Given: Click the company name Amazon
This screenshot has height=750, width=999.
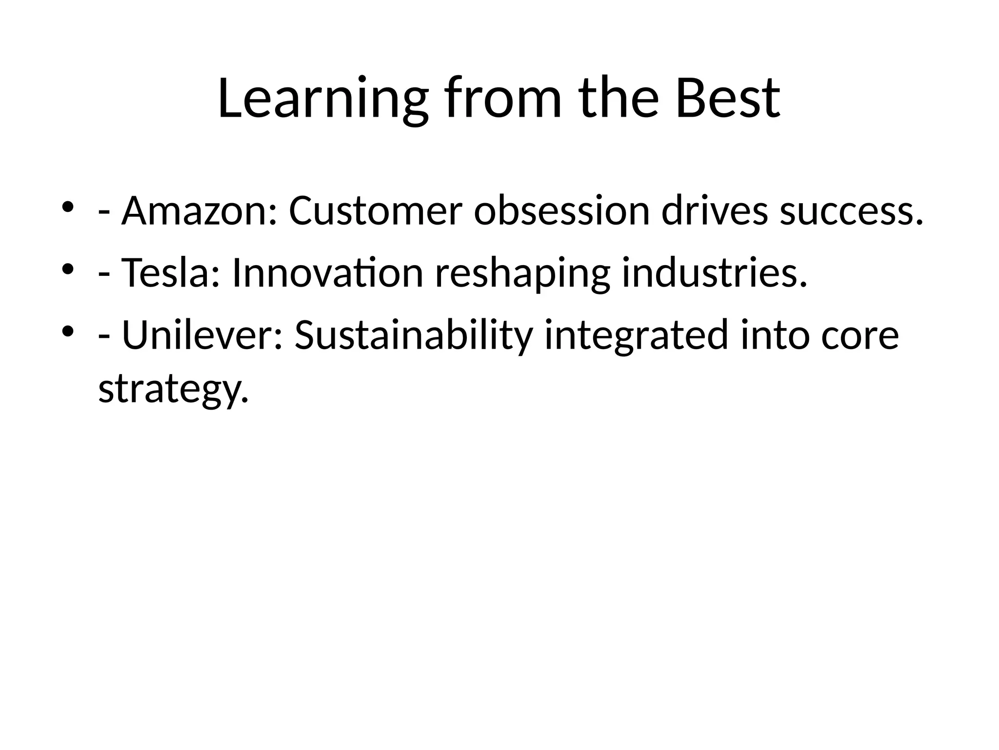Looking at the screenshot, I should tap(193, 211).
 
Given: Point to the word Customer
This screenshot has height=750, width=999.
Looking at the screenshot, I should tap(375, 211).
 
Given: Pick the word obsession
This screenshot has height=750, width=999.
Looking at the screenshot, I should tap(561, 211).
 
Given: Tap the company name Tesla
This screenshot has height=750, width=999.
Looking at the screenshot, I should tap(165, 273).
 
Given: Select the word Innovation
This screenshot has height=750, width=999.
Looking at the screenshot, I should tap(327, 273).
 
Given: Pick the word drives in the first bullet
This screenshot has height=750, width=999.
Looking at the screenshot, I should tap(715, 211).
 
